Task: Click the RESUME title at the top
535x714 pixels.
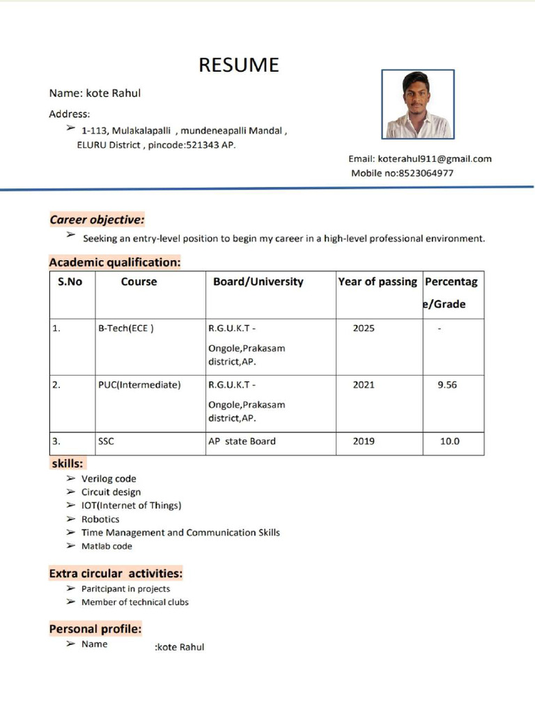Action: coord(239,65)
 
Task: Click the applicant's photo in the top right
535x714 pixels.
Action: coord(418,104)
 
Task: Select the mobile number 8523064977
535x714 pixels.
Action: coord(426,173)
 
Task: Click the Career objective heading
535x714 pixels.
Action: coord(97,220)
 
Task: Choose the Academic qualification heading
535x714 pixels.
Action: coord(115,262)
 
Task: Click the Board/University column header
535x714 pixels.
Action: coord(258,282)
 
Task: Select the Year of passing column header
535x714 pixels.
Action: coord(378,282)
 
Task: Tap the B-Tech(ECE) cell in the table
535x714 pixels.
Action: coord(125,328)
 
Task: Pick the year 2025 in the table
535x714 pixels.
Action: coord(364,328)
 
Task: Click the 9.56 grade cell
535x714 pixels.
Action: coord(447,384)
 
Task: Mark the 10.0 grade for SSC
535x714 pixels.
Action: coord(449,441)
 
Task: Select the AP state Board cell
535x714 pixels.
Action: coord(242,441)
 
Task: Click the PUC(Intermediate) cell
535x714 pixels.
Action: coord(139,384)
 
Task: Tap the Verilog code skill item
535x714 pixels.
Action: coord(109,479)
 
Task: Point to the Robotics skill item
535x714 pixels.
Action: coord(100,519)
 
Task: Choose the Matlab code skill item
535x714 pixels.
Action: coord(107,546)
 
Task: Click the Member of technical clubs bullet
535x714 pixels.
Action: coord(134,602)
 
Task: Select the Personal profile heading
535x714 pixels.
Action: coord(95,629)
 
